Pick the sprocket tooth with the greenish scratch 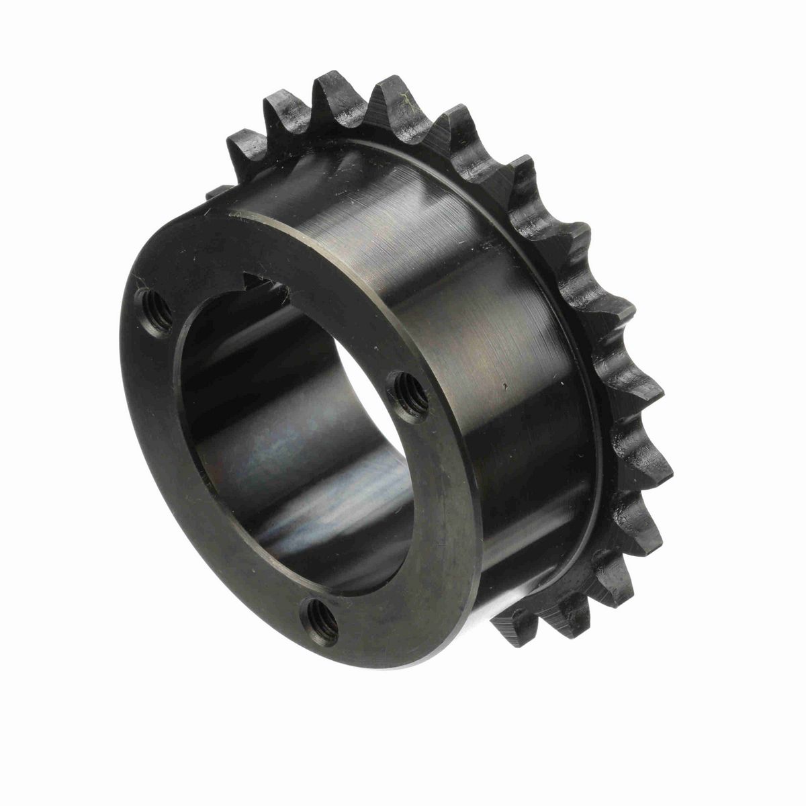point(396,101)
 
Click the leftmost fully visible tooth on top point(245,144)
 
